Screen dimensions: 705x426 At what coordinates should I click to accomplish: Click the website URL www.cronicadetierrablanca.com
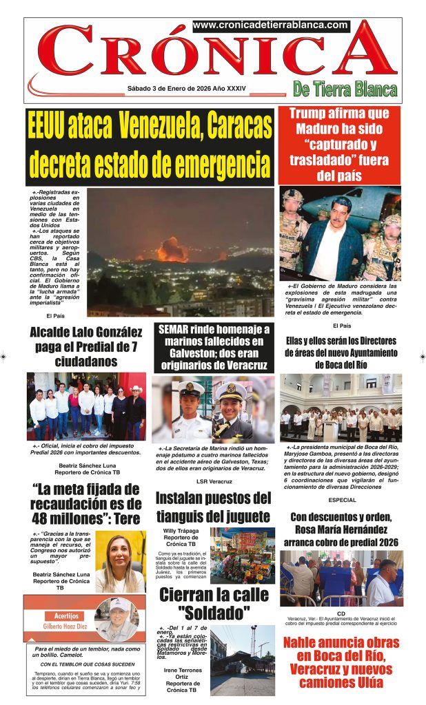click(270, 25)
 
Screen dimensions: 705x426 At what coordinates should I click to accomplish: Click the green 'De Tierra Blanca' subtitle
click(345, 90)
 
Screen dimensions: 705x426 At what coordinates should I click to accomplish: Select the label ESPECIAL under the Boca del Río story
click(343, 500)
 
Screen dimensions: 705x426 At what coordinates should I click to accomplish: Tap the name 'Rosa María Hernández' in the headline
click(343, 529)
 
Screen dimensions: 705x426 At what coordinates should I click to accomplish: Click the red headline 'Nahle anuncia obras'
click(342, 643)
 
